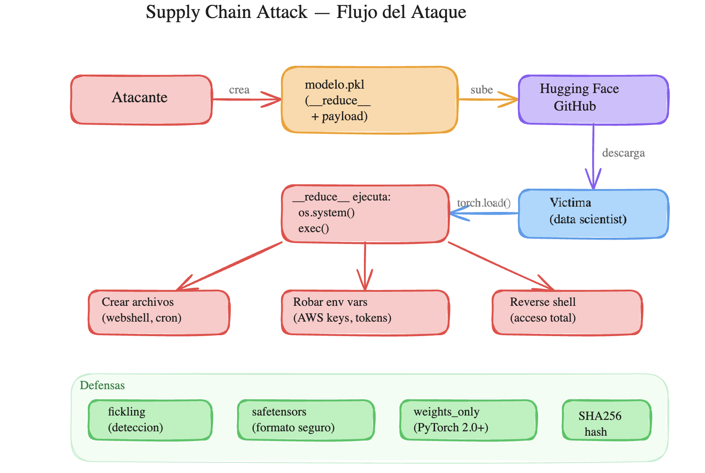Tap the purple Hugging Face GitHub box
(593, 100)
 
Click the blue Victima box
(593, 214)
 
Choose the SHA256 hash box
(606, 420)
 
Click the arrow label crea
(239, 90)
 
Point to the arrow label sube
(482, 90)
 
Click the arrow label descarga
(623, 153)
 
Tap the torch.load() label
(484, 203)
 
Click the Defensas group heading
(102, 385)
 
